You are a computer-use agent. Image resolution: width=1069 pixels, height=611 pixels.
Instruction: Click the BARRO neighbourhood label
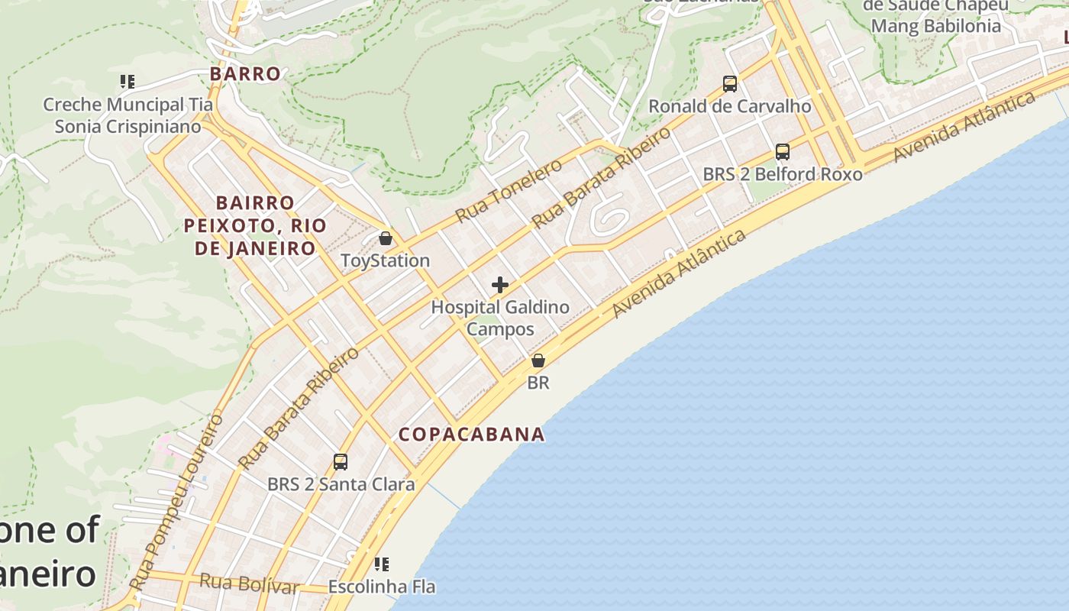coord(245,74)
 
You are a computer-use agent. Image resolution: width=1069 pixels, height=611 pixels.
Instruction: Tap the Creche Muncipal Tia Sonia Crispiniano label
coord(128,115)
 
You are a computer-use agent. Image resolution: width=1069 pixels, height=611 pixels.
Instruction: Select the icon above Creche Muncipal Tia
coord(128,81)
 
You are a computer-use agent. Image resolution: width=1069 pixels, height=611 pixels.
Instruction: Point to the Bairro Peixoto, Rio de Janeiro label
coord(255,225)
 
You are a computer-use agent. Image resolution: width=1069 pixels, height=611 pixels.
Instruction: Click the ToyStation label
coord(385,260)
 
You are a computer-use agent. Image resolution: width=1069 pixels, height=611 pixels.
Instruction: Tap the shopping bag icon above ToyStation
coord(386,238)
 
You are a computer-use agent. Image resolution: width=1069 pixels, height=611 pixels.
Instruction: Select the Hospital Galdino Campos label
coord(500,318)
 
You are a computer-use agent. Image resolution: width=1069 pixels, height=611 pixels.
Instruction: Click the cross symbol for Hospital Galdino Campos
coord(500,285)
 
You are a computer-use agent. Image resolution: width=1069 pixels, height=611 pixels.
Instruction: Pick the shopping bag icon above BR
coord(538,360)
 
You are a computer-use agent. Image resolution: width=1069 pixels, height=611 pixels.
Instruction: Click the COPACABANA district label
coord(472,435)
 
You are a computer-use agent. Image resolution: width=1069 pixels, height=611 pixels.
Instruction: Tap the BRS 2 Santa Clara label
coord(341,484)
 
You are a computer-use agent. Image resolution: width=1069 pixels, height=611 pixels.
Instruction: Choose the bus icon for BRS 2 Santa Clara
coord(341,461)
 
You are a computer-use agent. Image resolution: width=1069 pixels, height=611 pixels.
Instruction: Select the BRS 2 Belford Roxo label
coord(782,174)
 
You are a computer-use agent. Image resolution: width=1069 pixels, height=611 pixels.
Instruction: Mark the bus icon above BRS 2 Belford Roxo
coord(783,151)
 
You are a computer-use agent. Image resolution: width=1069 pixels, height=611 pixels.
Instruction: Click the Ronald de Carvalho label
coord(729,106)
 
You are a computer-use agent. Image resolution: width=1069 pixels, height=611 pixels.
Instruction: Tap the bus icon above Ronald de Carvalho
coord(730,83)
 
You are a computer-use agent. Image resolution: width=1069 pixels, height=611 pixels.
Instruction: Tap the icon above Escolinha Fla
coord(382,564)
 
